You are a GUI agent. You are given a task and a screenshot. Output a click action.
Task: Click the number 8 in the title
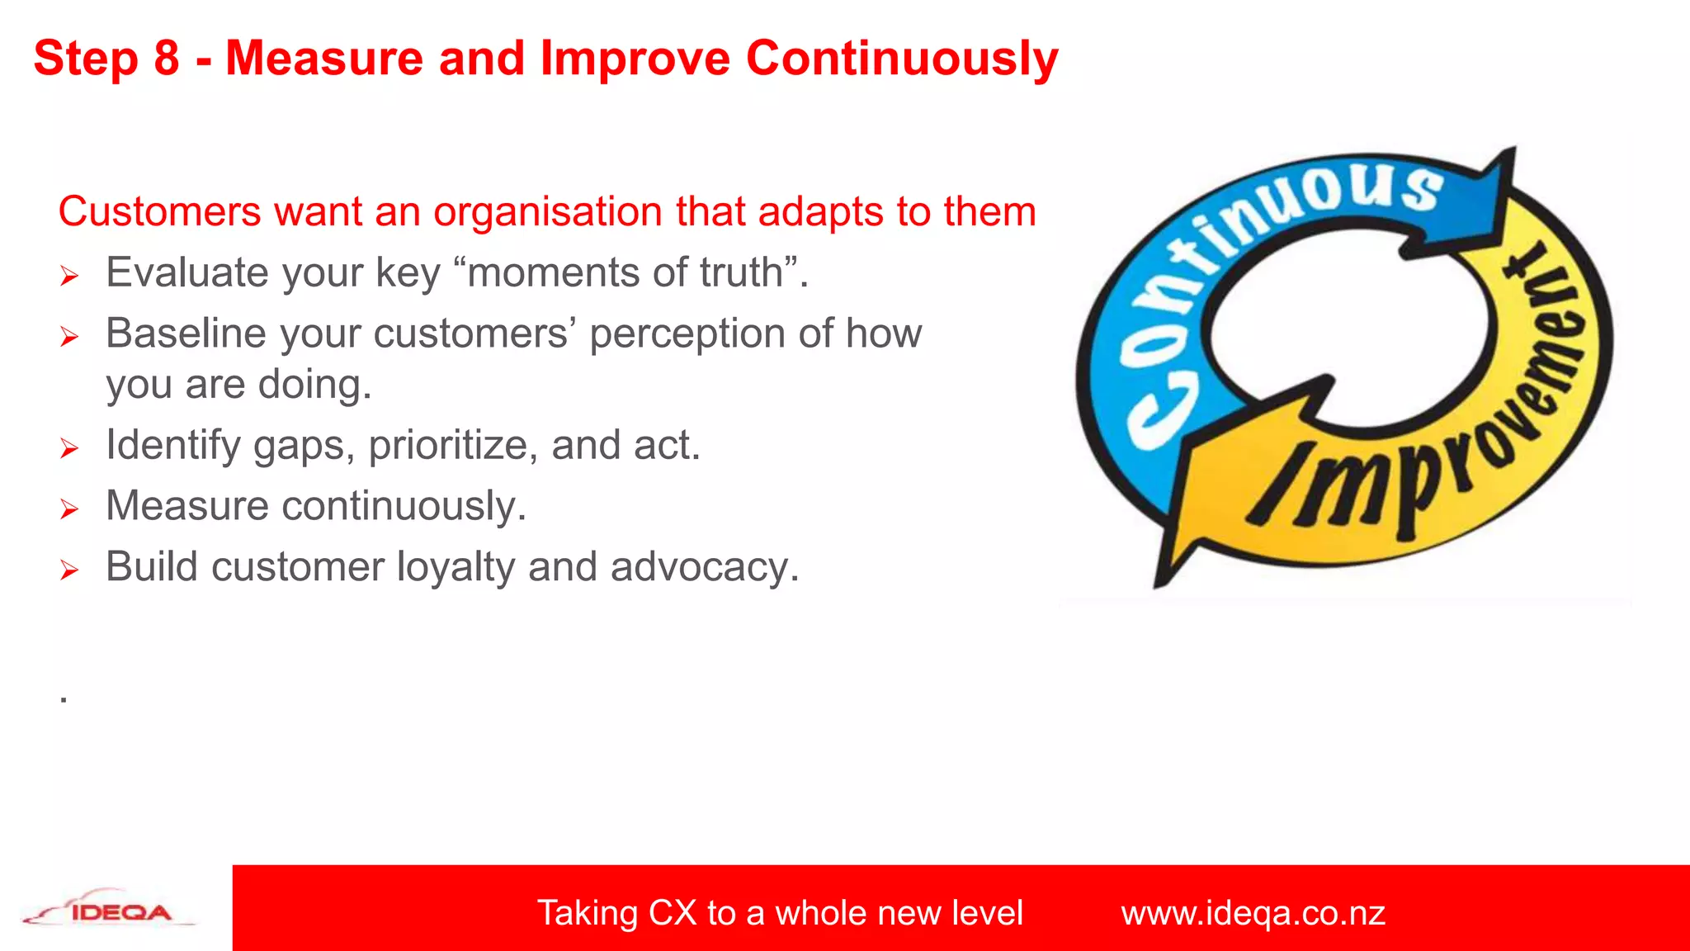[x=166, y=59]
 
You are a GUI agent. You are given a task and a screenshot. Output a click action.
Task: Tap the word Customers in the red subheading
[x=159, y=211]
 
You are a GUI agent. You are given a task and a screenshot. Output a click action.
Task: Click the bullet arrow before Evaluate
[x=69, y=276]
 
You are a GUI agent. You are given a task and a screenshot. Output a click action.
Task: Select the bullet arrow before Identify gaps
[x=69, y=448]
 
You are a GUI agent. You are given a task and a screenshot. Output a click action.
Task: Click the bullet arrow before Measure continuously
[x=69, y=509]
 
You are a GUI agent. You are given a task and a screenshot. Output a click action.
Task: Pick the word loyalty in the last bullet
[x=456, y=568]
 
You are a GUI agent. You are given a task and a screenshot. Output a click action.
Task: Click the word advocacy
[x=704, y=568]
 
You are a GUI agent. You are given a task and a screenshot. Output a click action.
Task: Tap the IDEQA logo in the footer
[x=111, y=910]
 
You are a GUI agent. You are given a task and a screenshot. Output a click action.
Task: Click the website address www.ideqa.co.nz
[x=1252, y=913]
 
